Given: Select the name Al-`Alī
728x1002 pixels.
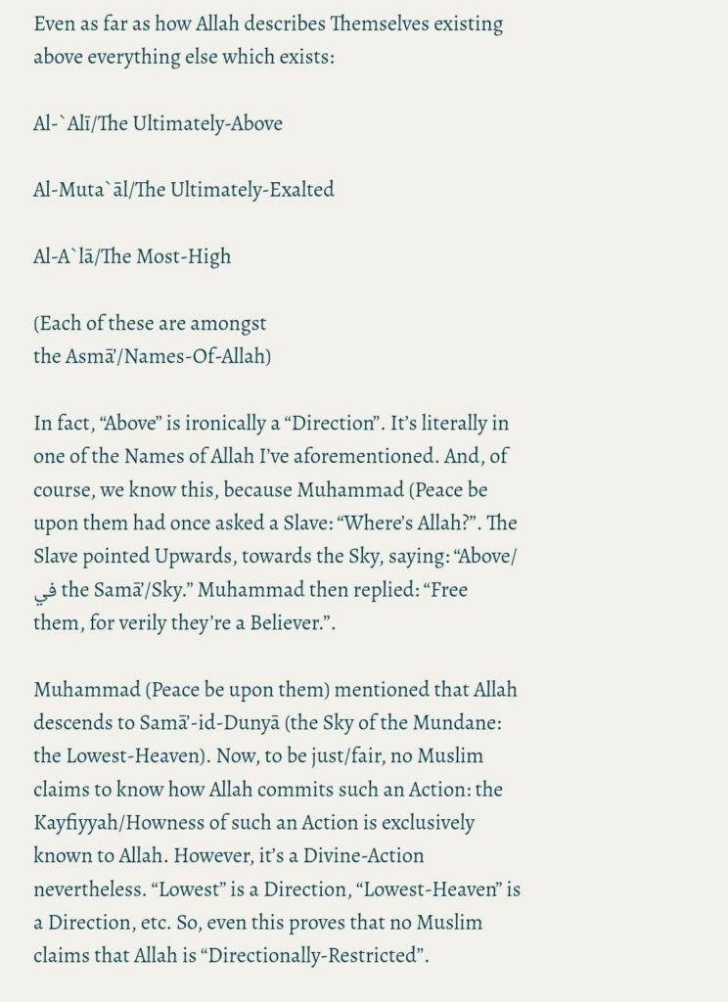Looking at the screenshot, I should [x=63, y=123].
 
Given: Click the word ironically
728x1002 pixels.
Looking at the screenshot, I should [x=210, y=424].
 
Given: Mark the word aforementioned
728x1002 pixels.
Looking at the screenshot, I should [x=357, y=458].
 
